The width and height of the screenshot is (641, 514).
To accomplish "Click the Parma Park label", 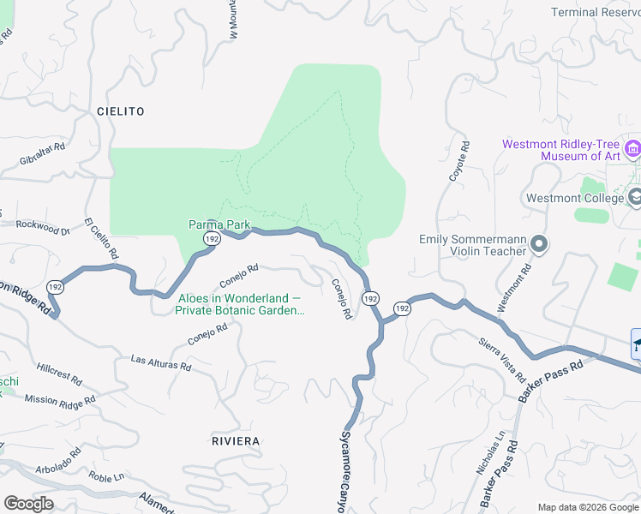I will click(219, 224).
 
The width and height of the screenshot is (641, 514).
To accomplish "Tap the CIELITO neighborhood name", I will click(121, 111).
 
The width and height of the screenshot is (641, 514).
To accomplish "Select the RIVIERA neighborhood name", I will click(235, 440).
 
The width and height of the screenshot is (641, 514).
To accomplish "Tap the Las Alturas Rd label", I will click(161, 364).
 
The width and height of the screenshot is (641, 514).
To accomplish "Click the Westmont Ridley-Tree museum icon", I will click(633, 150).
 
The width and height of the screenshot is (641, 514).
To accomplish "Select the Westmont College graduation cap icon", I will click(636, 198).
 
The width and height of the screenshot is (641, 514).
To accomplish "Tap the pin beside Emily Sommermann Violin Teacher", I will click(539, 245).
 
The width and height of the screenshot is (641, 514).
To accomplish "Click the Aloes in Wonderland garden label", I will click(240, 304).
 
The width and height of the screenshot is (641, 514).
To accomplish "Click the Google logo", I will click(28, 504).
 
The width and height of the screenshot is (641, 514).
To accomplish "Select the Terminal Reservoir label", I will click(595, 12).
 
